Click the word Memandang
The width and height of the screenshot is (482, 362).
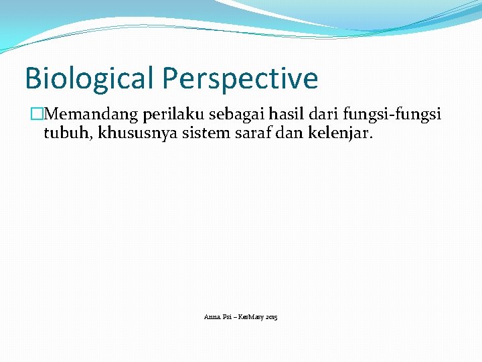coord(90,115)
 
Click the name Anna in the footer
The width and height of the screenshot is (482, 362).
coord(212,316)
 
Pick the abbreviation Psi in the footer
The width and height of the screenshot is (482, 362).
coord(226,316)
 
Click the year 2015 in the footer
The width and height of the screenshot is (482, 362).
coord(272,316)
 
